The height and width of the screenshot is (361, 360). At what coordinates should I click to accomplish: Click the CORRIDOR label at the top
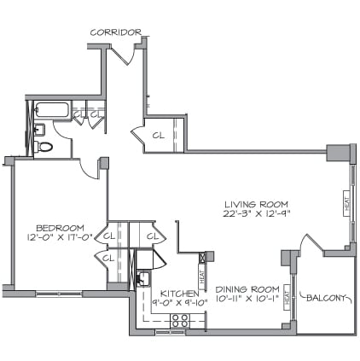(x=116, y=32)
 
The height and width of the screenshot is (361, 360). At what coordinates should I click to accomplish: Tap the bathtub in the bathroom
(x=49, y=110)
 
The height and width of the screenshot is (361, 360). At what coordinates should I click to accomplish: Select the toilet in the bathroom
(x=47, y=147)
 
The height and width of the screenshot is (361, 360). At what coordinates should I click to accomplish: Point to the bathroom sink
(x=38, y=129)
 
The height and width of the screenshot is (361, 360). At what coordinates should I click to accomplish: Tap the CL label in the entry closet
(x=158, y=134)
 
